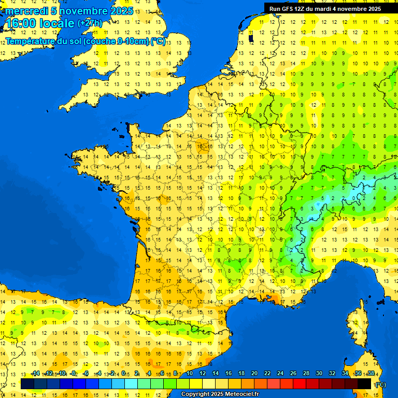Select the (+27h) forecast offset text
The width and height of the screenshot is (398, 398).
(90, 23)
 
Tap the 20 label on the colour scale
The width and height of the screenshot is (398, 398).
(254, 374)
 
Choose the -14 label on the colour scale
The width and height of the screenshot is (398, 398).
(35, 374)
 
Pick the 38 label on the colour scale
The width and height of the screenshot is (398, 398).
(371, 374)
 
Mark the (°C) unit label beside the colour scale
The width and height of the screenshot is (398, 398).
(380, 384)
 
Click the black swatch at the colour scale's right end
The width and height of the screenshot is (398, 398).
(364, 383)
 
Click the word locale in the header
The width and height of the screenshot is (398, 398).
(55, 23)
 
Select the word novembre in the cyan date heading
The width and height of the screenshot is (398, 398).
(84, 11)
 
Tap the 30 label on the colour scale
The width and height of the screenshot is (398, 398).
(319, 374)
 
